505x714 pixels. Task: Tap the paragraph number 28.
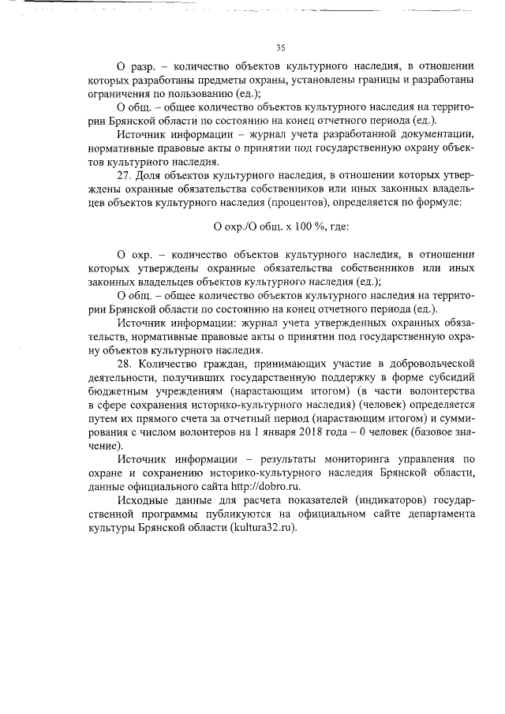click(x=125, y=363)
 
